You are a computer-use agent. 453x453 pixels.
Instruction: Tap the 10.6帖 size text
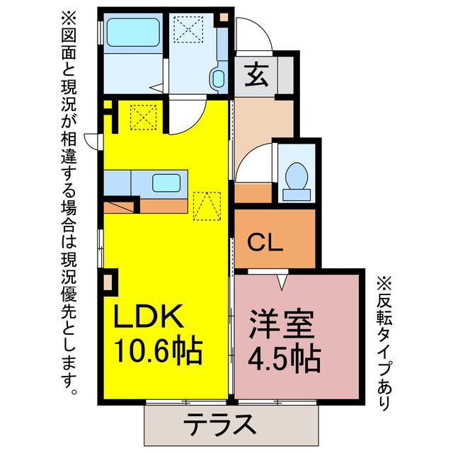159,350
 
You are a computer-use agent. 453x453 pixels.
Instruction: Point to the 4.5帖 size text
283,360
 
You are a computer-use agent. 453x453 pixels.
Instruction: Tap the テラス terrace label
219,426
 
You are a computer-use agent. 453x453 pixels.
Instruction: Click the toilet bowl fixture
294,177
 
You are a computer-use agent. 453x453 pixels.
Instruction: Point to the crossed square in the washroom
188,29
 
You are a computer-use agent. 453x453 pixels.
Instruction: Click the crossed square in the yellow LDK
144,116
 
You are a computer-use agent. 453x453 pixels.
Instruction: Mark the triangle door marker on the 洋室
283,282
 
